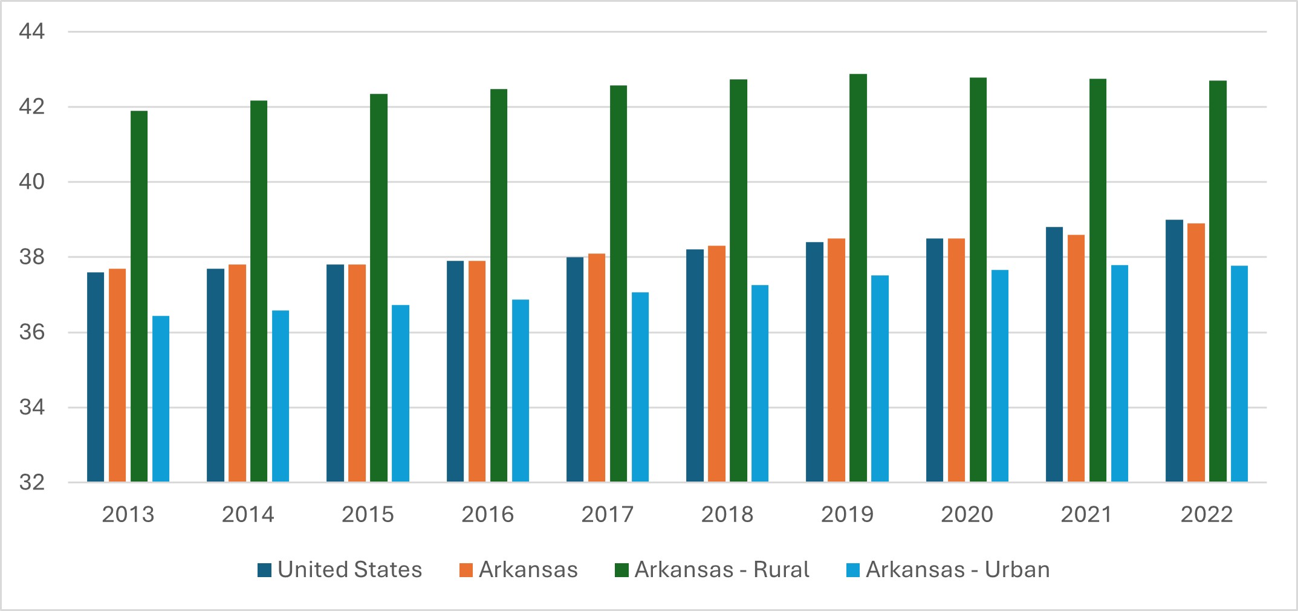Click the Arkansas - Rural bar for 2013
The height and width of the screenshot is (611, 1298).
(139, 296)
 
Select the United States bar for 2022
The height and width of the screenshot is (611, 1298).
(1174, 351)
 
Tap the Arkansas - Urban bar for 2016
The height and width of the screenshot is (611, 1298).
(521, 391)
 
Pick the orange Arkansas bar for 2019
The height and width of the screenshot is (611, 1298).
(836, 360)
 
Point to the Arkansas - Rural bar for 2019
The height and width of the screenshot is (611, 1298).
(858, 278)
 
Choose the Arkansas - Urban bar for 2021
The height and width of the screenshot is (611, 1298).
(1120, 373)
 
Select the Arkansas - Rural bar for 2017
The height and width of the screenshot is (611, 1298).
(618, 284)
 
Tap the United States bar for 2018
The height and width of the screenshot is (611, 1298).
(695, 365)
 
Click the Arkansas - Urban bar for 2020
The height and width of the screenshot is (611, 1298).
(1000, 376)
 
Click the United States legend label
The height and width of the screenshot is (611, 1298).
(349, 570)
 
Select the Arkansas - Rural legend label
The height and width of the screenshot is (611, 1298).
(722, 570)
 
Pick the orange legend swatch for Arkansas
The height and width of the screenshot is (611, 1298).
(466, 570)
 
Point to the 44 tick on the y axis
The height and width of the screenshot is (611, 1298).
(32, 31)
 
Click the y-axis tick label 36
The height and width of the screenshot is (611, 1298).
(32, 333)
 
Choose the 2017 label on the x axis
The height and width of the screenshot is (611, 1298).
(608, 514)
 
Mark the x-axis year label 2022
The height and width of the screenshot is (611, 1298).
(1207, 514)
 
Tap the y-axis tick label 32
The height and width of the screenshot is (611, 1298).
(32, 483)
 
